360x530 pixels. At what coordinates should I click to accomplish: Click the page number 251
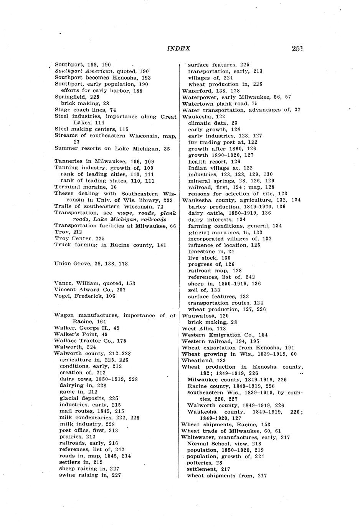tap(297, 48)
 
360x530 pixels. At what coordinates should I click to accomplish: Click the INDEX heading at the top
tap(178, 48)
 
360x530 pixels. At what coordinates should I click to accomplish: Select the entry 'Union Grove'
tap(91, 264)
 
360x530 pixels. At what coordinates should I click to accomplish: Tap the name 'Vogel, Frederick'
tap(84, 296)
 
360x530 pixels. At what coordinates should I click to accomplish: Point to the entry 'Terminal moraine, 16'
tap(86, 187)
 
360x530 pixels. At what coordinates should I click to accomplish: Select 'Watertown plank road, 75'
tap(220, 104)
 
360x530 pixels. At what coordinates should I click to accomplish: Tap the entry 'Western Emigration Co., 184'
tap(225, 335)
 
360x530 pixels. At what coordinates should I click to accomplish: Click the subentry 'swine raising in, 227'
tap(90, 475)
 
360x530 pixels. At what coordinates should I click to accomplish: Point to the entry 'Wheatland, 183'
tap(203, 361)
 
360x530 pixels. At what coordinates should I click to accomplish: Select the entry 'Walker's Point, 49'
tap(81, 334)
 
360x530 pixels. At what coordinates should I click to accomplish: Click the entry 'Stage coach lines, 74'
tap(85, 110)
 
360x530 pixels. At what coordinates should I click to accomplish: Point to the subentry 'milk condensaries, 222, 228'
tap(99, 417)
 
